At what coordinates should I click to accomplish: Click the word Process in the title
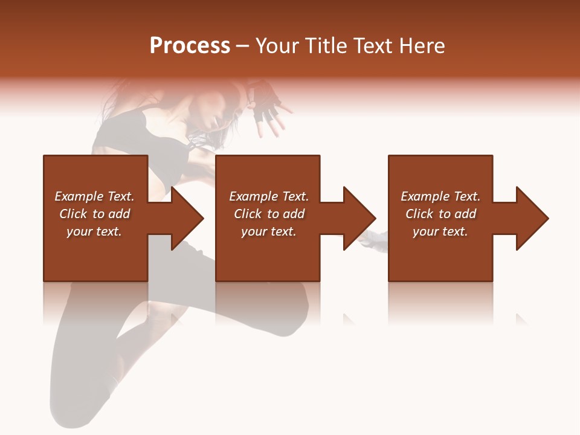coord(190,46)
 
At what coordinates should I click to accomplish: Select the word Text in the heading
coord(372,46)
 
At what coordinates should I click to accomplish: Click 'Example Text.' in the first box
coord(94,196)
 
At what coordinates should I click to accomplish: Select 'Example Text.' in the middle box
coord(268,196)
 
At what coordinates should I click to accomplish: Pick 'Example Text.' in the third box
coord(440,196)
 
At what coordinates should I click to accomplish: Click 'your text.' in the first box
coord(94,231)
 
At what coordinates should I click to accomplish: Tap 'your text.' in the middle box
coord(268,231)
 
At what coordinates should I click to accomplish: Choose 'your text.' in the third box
coord(440,231)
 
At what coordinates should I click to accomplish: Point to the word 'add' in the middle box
coord(294,214)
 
